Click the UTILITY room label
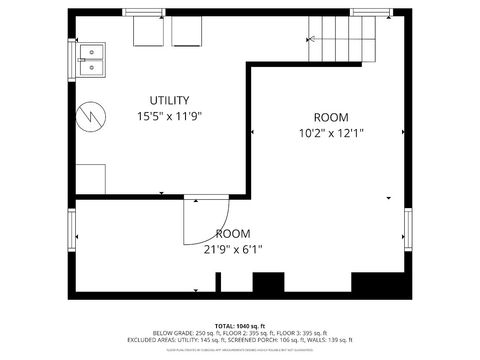[169, 100]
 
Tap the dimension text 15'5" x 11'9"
[169, 116]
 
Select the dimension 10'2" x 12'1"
[330, 133]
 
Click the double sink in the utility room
[92, 60]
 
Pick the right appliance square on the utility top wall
[186, 32]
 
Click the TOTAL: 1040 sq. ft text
[240, 326]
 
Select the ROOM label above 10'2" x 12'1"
[330, 117]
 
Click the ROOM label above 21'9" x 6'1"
[233, 234]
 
